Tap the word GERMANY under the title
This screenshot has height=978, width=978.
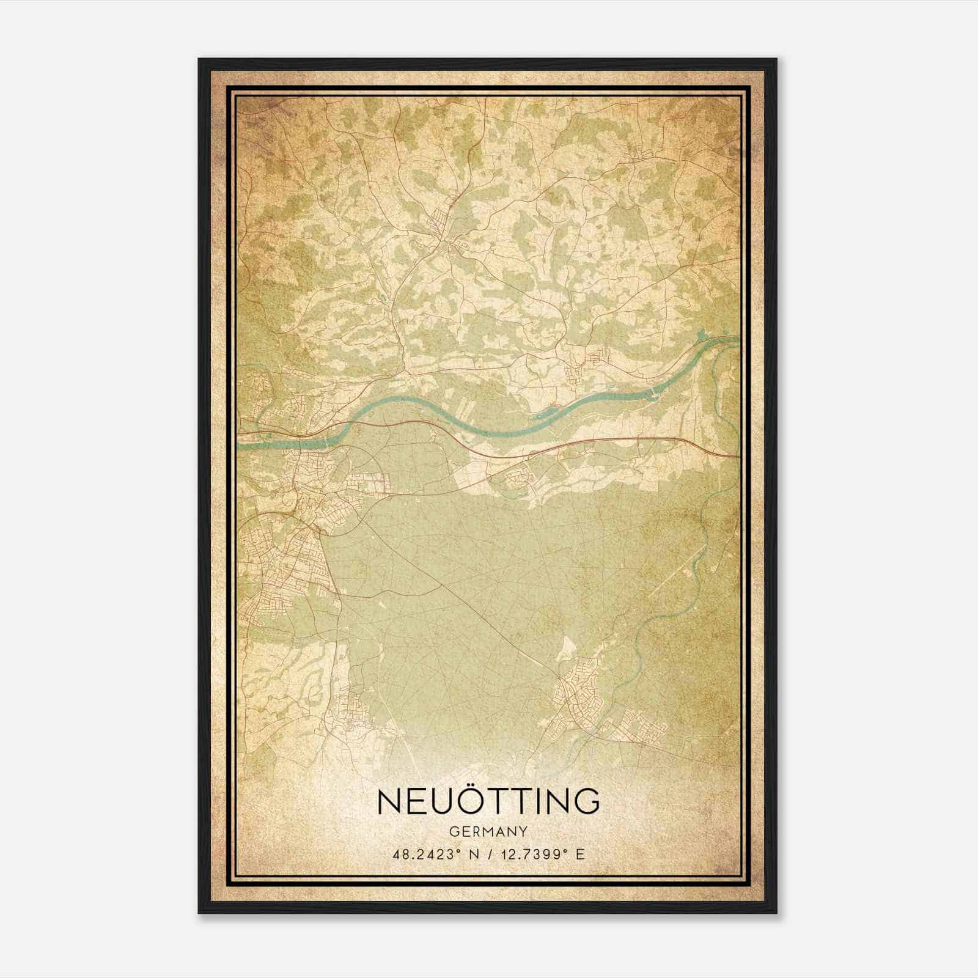(488, 831)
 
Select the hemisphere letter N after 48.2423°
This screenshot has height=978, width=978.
(469, 854)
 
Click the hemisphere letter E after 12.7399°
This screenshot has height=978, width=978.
(581, 854)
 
